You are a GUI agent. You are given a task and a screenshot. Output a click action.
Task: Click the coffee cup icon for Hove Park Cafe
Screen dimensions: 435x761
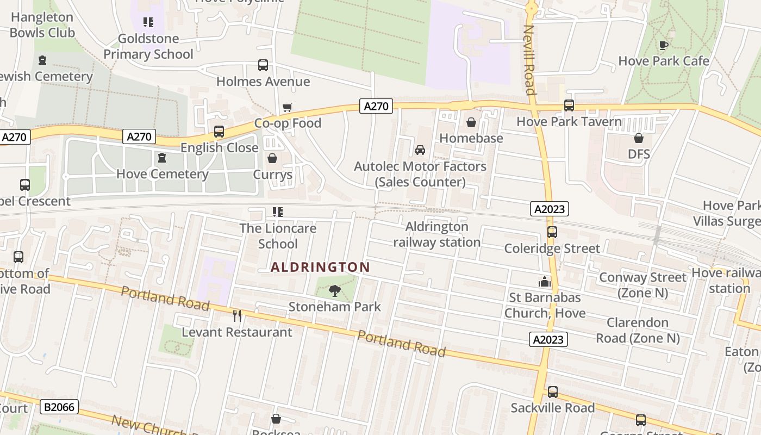[663, 45]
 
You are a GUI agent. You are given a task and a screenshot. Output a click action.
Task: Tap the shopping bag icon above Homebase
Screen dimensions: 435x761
[471, 123]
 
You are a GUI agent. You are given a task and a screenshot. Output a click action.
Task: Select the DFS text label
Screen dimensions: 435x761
[639, 154]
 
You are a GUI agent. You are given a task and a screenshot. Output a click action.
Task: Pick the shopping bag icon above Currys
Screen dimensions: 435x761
[272, 159]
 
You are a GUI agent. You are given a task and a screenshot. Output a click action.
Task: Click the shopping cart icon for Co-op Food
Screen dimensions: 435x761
[288, 107]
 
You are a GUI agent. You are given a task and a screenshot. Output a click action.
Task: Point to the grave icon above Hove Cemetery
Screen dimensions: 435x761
[161, 158]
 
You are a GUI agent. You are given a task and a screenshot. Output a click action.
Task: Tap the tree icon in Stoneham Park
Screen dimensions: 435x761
[335, 291]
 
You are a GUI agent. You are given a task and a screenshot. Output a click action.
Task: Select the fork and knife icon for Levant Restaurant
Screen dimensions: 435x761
[237, 316]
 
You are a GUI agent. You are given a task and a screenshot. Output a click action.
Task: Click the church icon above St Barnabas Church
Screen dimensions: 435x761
[545, 282]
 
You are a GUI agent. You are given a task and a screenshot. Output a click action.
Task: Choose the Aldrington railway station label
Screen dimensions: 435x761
[437, 234]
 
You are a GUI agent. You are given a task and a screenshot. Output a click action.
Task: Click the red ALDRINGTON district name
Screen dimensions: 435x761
[320, 267]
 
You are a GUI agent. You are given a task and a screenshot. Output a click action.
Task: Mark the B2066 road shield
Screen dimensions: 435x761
[60, 407]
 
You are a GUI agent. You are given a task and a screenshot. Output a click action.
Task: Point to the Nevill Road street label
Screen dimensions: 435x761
[529, 60]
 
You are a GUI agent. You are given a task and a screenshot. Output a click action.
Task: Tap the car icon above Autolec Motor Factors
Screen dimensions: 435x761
[420, 150]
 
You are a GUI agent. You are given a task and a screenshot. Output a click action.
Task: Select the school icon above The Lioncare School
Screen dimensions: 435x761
[278, 212]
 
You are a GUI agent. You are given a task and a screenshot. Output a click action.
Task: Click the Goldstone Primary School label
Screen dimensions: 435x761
[148, 46]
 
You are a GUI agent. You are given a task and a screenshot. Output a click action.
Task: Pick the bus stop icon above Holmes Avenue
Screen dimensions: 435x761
[263, 66]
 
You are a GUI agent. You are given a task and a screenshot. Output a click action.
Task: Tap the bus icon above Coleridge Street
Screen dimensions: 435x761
[552, 232]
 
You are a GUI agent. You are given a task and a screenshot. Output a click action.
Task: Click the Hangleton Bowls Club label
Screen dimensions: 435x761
[42, 25]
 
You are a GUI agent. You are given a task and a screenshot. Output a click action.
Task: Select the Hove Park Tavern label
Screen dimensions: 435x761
[569, 121]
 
